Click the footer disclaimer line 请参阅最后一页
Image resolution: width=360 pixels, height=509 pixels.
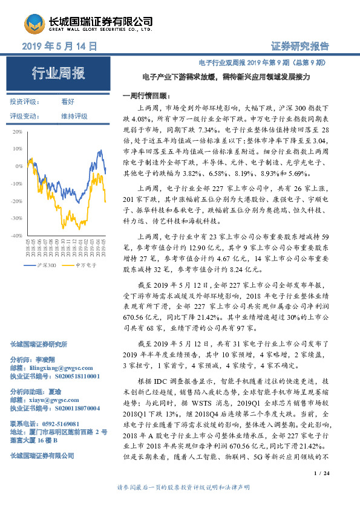click(179, 504)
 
